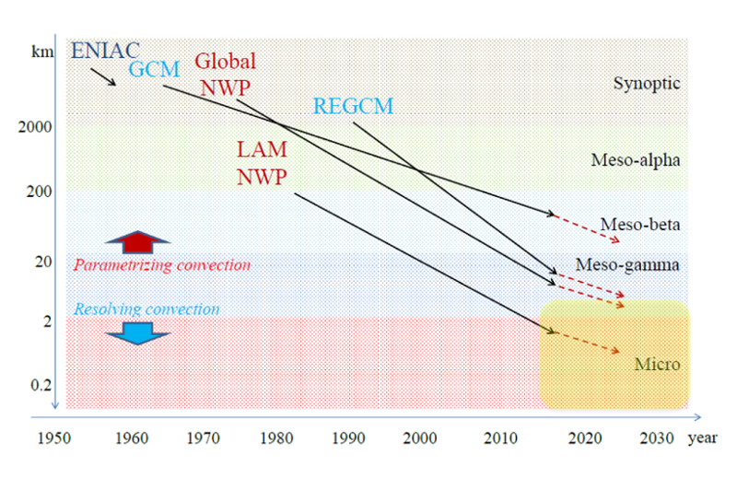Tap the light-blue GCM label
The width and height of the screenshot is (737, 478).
pos(155,71)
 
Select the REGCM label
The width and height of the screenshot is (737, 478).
pos(353,106)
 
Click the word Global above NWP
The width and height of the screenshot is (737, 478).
pos(225,62)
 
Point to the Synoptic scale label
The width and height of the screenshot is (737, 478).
pos(647,84)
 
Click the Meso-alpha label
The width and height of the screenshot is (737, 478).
pos(636,160)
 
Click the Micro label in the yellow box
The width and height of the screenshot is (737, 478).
pos(657,365)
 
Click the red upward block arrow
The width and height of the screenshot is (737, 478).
pos(138,241)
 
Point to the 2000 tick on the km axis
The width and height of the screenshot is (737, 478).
pos(36,127)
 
